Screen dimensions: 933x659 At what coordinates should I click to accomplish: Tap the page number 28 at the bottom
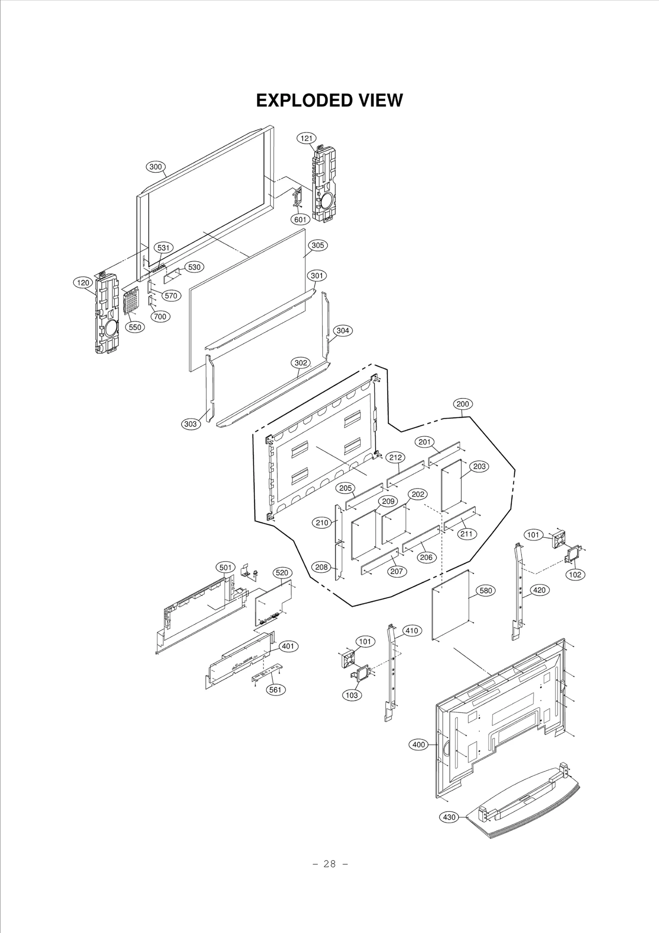[x=329, y=872]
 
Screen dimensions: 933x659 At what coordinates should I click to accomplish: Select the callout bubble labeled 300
[x=155, y=167]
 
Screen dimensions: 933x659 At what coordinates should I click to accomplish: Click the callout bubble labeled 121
[x=306, y=138]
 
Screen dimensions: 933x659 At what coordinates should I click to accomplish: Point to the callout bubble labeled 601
[x=300, y=220]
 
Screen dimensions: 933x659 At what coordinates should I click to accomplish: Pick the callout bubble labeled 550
[x=135, y=327]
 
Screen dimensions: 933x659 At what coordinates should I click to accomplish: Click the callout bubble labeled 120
[x=83, y=283]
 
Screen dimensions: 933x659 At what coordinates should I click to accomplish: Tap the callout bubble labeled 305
[x=318, y=245]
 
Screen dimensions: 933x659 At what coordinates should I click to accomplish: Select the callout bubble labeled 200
[x=463, y=404]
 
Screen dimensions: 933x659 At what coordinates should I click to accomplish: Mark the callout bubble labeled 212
[x=395, y=457]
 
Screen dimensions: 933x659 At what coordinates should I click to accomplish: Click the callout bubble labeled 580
[x=486, y=591]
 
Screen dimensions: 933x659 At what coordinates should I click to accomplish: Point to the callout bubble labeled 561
[x=276, y=690]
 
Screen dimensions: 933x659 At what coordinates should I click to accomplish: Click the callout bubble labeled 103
[x=352, y=695]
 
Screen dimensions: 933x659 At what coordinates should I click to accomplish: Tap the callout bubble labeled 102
[x=575, y=574]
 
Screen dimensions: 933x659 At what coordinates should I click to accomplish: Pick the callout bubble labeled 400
[x=419, y=745]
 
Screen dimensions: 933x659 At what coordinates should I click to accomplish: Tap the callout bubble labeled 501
[x=225, y=567]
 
